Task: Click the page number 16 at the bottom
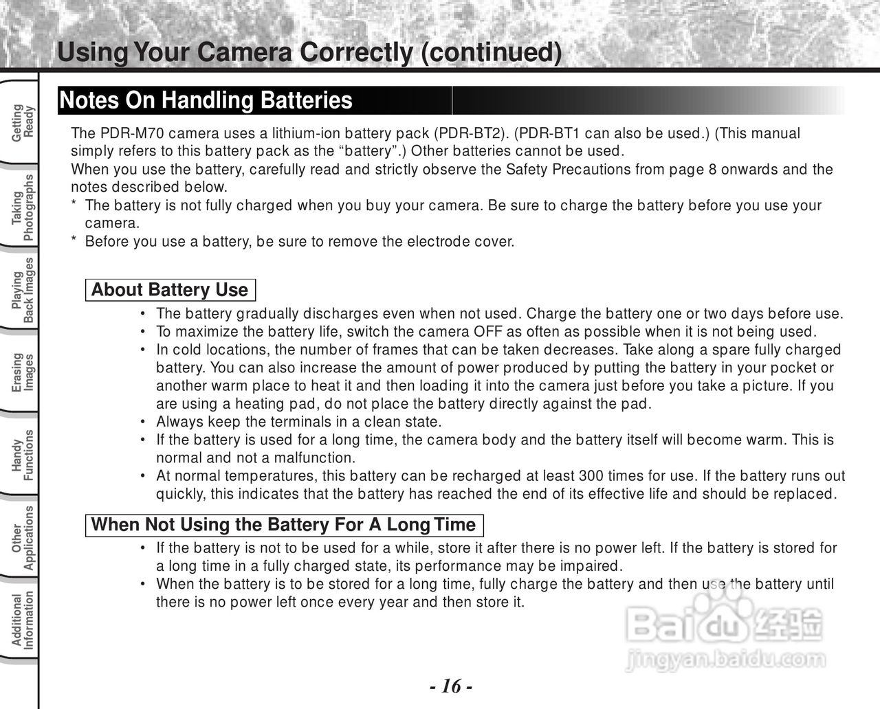[451, 686]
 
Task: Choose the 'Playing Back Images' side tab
[22, 290]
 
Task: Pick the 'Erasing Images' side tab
[22, 372]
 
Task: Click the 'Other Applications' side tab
[22, 538]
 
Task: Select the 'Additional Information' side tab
[22, 620]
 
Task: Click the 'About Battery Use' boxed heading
[170, 290]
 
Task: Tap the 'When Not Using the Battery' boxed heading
[283, 525]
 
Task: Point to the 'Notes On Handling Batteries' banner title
[206, 100]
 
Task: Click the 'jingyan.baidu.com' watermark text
[725, 659]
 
